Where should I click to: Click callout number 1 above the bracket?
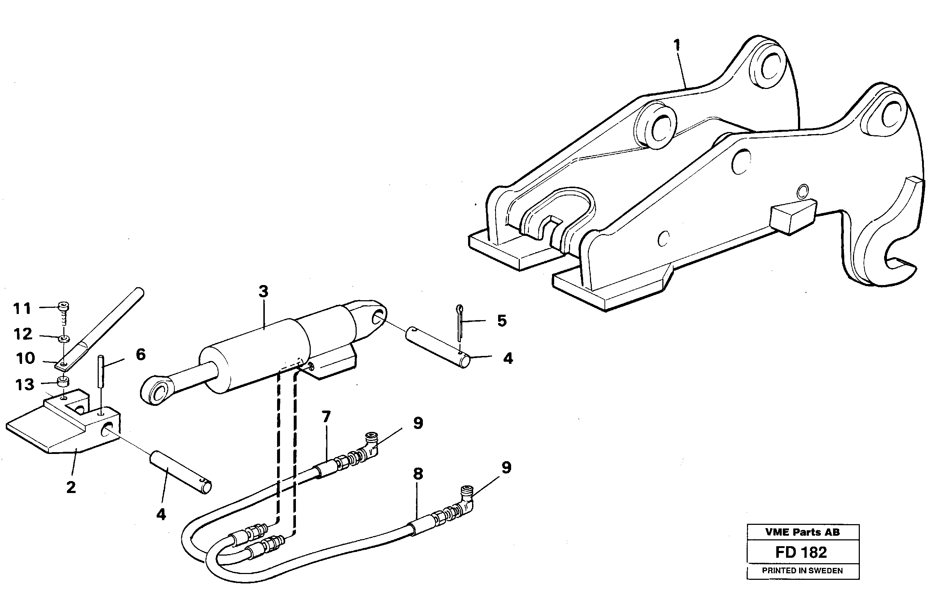tap(677, 46)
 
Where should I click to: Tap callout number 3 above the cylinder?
tap(264, 291)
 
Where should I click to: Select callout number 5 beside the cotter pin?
tap(502, 321)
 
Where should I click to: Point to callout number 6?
tap(140, 354)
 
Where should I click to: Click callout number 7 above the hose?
tap(326, 417)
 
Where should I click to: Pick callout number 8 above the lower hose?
tap(418, 474)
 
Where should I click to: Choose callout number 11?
tap(22, 309)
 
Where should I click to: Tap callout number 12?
tap(22, 334)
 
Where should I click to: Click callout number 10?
tap(25, 358)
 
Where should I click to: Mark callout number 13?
tap(25, 385)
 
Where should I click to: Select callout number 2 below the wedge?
tap(71, 487)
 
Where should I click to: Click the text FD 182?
tap(801, 552)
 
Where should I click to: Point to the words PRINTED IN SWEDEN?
tap(802, 571)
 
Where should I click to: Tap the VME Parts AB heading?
tap(802, 532)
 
